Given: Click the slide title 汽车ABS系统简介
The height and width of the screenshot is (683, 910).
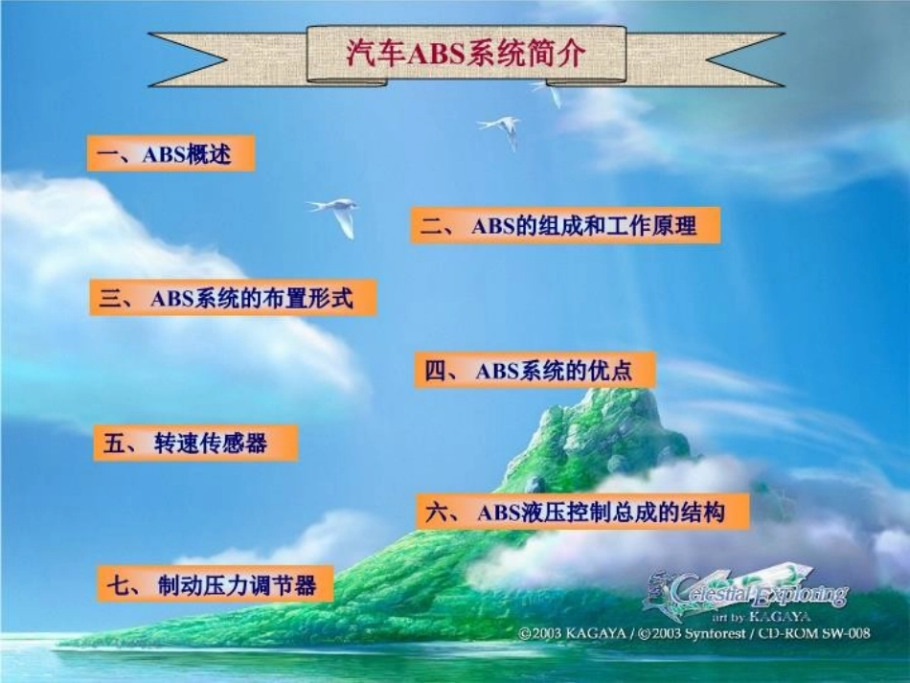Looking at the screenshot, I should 466,54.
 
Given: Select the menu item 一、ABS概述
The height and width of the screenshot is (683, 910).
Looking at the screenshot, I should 171,153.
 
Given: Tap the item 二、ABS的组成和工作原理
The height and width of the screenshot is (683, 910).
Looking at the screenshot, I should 565,225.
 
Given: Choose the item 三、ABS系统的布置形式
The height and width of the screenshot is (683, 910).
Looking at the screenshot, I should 232,298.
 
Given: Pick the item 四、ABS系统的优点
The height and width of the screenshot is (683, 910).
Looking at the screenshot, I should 535,370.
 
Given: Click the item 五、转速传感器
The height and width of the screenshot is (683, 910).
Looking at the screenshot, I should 195,443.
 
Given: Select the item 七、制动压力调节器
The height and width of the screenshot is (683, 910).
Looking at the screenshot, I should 216,584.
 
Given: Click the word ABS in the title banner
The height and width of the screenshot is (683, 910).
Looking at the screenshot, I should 436,55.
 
